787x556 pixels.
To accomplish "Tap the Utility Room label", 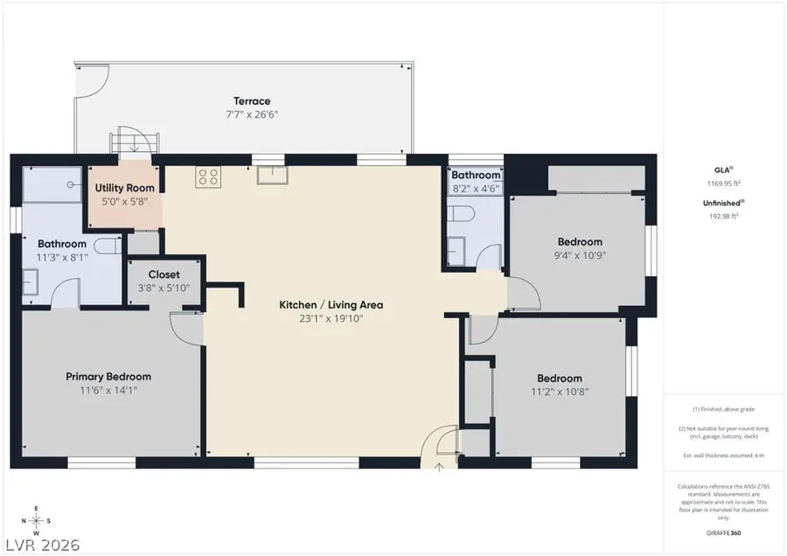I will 126,188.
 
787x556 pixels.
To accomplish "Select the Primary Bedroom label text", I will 108,377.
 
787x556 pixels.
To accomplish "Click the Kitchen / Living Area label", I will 331,305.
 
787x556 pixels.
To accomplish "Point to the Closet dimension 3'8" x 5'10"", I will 164,288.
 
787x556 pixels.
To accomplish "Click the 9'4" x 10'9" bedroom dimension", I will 580,255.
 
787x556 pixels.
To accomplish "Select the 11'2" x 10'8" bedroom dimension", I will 559,392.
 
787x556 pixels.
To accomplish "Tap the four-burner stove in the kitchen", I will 208,177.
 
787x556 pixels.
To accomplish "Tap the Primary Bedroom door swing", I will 185,328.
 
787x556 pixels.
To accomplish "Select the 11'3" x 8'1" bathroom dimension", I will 61,258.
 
